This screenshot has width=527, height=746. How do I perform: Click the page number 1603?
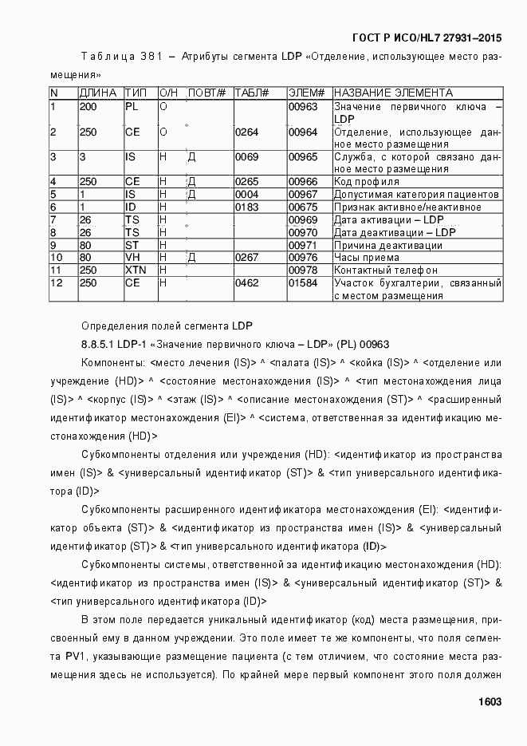[x=489, y=701]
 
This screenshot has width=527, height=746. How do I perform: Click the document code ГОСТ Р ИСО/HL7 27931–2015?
[x=427, y=37]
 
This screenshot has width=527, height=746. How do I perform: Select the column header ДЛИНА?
[x=98, y=93]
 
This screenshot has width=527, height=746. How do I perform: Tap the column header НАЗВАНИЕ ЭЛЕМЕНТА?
[x=393, y=93]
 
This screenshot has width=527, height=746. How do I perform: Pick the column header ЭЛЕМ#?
[x=306, y=93]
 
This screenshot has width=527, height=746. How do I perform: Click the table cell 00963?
[x=303, y=106]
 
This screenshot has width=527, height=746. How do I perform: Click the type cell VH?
[x=132, y=258]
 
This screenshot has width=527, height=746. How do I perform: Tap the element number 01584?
[x=303, y=283]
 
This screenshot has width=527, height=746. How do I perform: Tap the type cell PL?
[x=132, y=106]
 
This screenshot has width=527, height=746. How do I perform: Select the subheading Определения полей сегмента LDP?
[x=167, y=326]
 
